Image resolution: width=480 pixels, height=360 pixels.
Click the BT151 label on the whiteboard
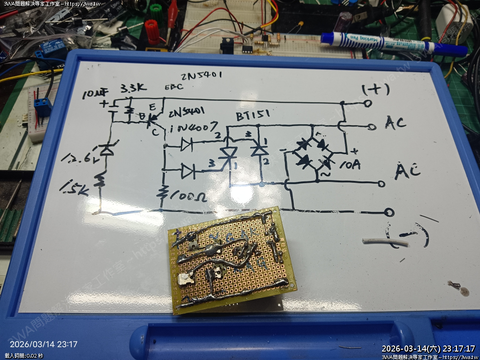click(250, 117)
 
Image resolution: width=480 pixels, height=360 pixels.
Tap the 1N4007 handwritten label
click(193, 127)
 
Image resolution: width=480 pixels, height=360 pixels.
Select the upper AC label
click(395, 123)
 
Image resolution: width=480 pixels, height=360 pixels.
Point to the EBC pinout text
click(173, 88)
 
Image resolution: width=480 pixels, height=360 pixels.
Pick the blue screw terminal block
click(43, 107)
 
